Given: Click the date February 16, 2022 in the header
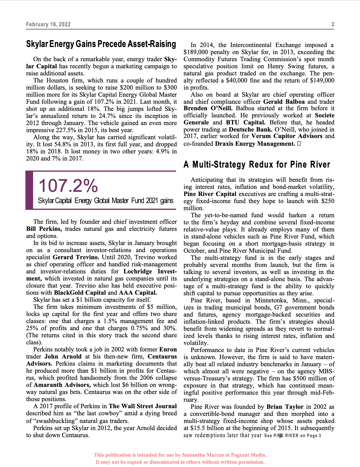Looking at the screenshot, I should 48,24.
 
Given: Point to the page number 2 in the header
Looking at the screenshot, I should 333,24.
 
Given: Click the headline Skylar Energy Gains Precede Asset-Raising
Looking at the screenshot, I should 101,44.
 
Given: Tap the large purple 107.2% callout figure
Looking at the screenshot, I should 68,186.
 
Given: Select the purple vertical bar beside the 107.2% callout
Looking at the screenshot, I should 29,190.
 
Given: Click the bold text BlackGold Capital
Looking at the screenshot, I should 80,293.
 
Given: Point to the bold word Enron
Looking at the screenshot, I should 168,349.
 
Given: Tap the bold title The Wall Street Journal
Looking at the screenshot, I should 143,406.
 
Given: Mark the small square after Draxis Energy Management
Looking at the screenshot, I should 299,144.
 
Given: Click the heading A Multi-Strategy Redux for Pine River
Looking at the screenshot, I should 257,164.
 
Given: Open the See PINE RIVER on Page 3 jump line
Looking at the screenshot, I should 292,435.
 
